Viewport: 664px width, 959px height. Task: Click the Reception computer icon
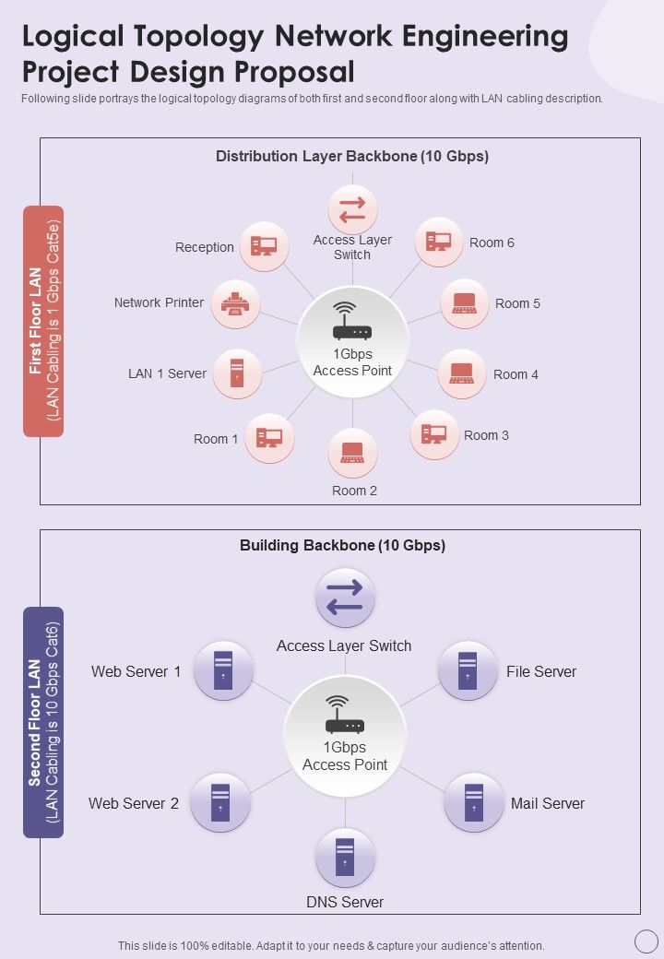click(x=264, y=246)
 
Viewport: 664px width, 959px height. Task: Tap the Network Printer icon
click(x=235, y=303)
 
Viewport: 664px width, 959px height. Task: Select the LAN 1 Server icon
click(x=237, y=373)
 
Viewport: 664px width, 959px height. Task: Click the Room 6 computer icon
click(x=438, y=242)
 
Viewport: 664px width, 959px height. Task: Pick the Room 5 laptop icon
click(x=464, y=302)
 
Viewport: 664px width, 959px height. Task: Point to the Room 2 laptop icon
click(x=352, y=453)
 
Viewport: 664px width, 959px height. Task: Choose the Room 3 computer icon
click(x=433, y=434)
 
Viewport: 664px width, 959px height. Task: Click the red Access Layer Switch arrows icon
click(x=352, y=209)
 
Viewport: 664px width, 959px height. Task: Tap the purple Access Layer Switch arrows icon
click(x=345, y=598)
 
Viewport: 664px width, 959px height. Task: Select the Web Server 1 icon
click(x=223, y=670)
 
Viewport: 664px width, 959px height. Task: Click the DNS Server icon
click(x=345, y=858)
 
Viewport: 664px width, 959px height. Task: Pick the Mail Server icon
click(x=474, y=802)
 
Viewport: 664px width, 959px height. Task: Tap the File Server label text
click(x=541, y=672)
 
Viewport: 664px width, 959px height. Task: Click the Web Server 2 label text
click(x=134, y=803)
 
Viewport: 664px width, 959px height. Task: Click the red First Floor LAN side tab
click(x=43, y=320)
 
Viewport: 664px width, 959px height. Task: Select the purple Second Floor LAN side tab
click(x=43, y=722)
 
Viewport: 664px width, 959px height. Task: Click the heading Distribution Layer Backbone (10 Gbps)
click(x=352, y=157)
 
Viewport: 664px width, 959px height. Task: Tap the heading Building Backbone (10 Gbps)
click(x=342, y=545)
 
